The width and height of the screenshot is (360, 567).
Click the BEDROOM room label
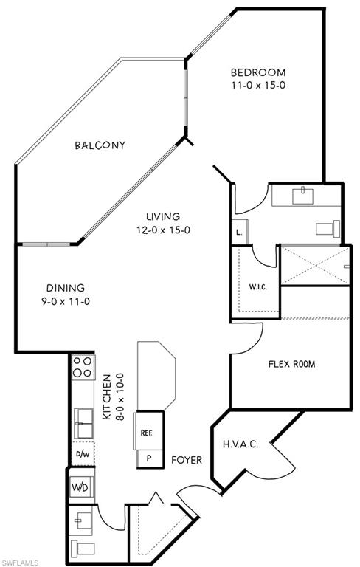[x=257, y=72]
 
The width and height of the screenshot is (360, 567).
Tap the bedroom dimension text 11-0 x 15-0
[x=257, y=86]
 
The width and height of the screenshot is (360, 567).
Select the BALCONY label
[x=100, y=145]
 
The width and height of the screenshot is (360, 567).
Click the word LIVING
[x=162, y=216]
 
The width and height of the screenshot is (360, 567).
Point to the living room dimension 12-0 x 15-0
[x=162, y=230]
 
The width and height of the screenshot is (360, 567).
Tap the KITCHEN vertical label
[x=105, y=396]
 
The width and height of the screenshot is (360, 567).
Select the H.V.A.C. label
[x=240, y=444]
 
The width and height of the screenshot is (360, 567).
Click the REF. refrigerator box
[x=146, y=433]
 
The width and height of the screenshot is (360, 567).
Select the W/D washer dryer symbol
[x=80, y=488]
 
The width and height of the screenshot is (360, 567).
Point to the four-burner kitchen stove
[x=82, y=367]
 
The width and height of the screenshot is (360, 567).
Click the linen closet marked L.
[x=240, y=232]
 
